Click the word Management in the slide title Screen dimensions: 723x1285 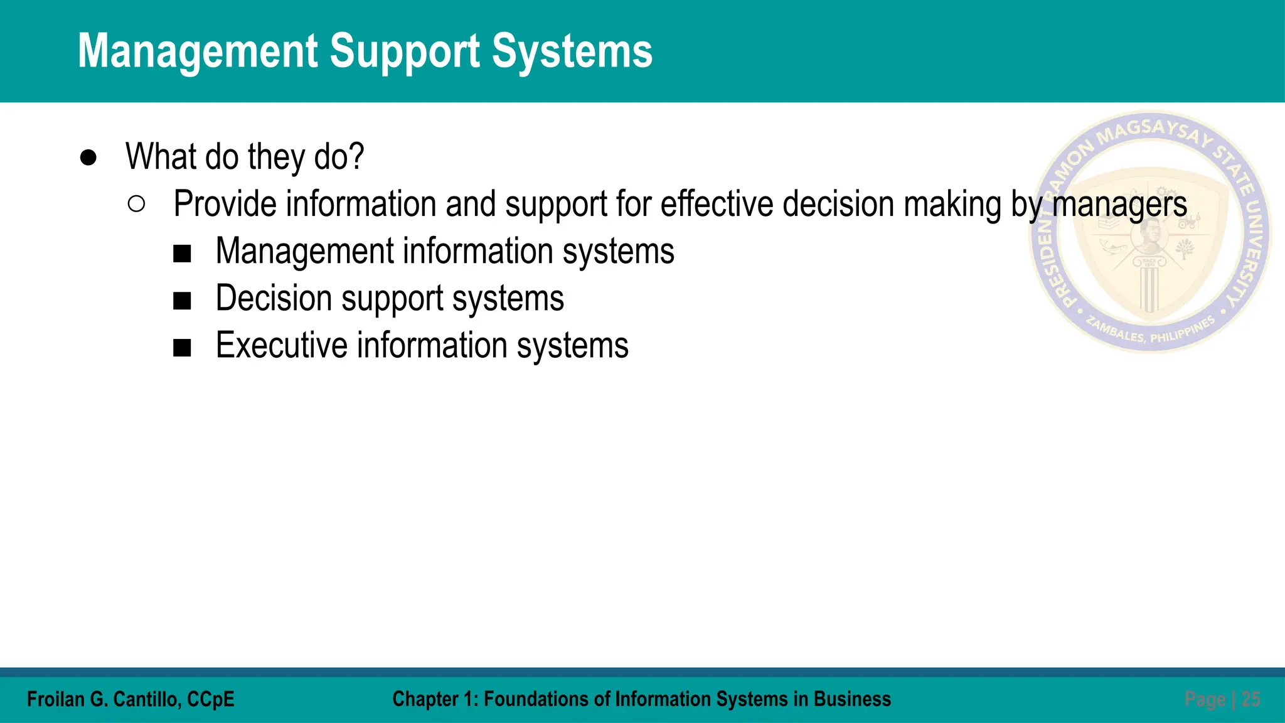[x=198, y=51]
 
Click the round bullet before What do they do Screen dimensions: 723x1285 [x=88, y=158]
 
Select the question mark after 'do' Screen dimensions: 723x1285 [x=357, y=156]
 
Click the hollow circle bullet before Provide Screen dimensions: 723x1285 [x=136, y=205]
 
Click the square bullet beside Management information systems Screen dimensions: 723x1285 [x=182, y=254]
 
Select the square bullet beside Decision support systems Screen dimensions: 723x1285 [x=182, y=301]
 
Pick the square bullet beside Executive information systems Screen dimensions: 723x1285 [x=182, y=348]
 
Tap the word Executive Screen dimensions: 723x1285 [x=282, y=345]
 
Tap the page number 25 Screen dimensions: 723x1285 [x=1250, y=699]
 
